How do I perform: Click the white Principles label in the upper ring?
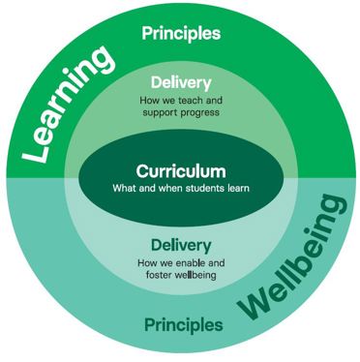tap(181, 33)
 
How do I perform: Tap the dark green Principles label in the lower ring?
tap(181, 322)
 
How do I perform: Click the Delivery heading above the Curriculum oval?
tap(181, 83)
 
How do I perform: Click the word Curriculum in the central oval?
tap(181, 170)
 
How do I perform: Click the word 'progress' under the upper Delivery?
tap(202, 112)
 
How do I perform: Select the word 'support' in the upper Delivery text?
tap(161, 112)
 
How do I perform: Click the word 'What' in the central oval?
tap(128, 188)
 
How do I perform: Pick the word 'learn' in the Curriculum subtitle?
tap(237, 188)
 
